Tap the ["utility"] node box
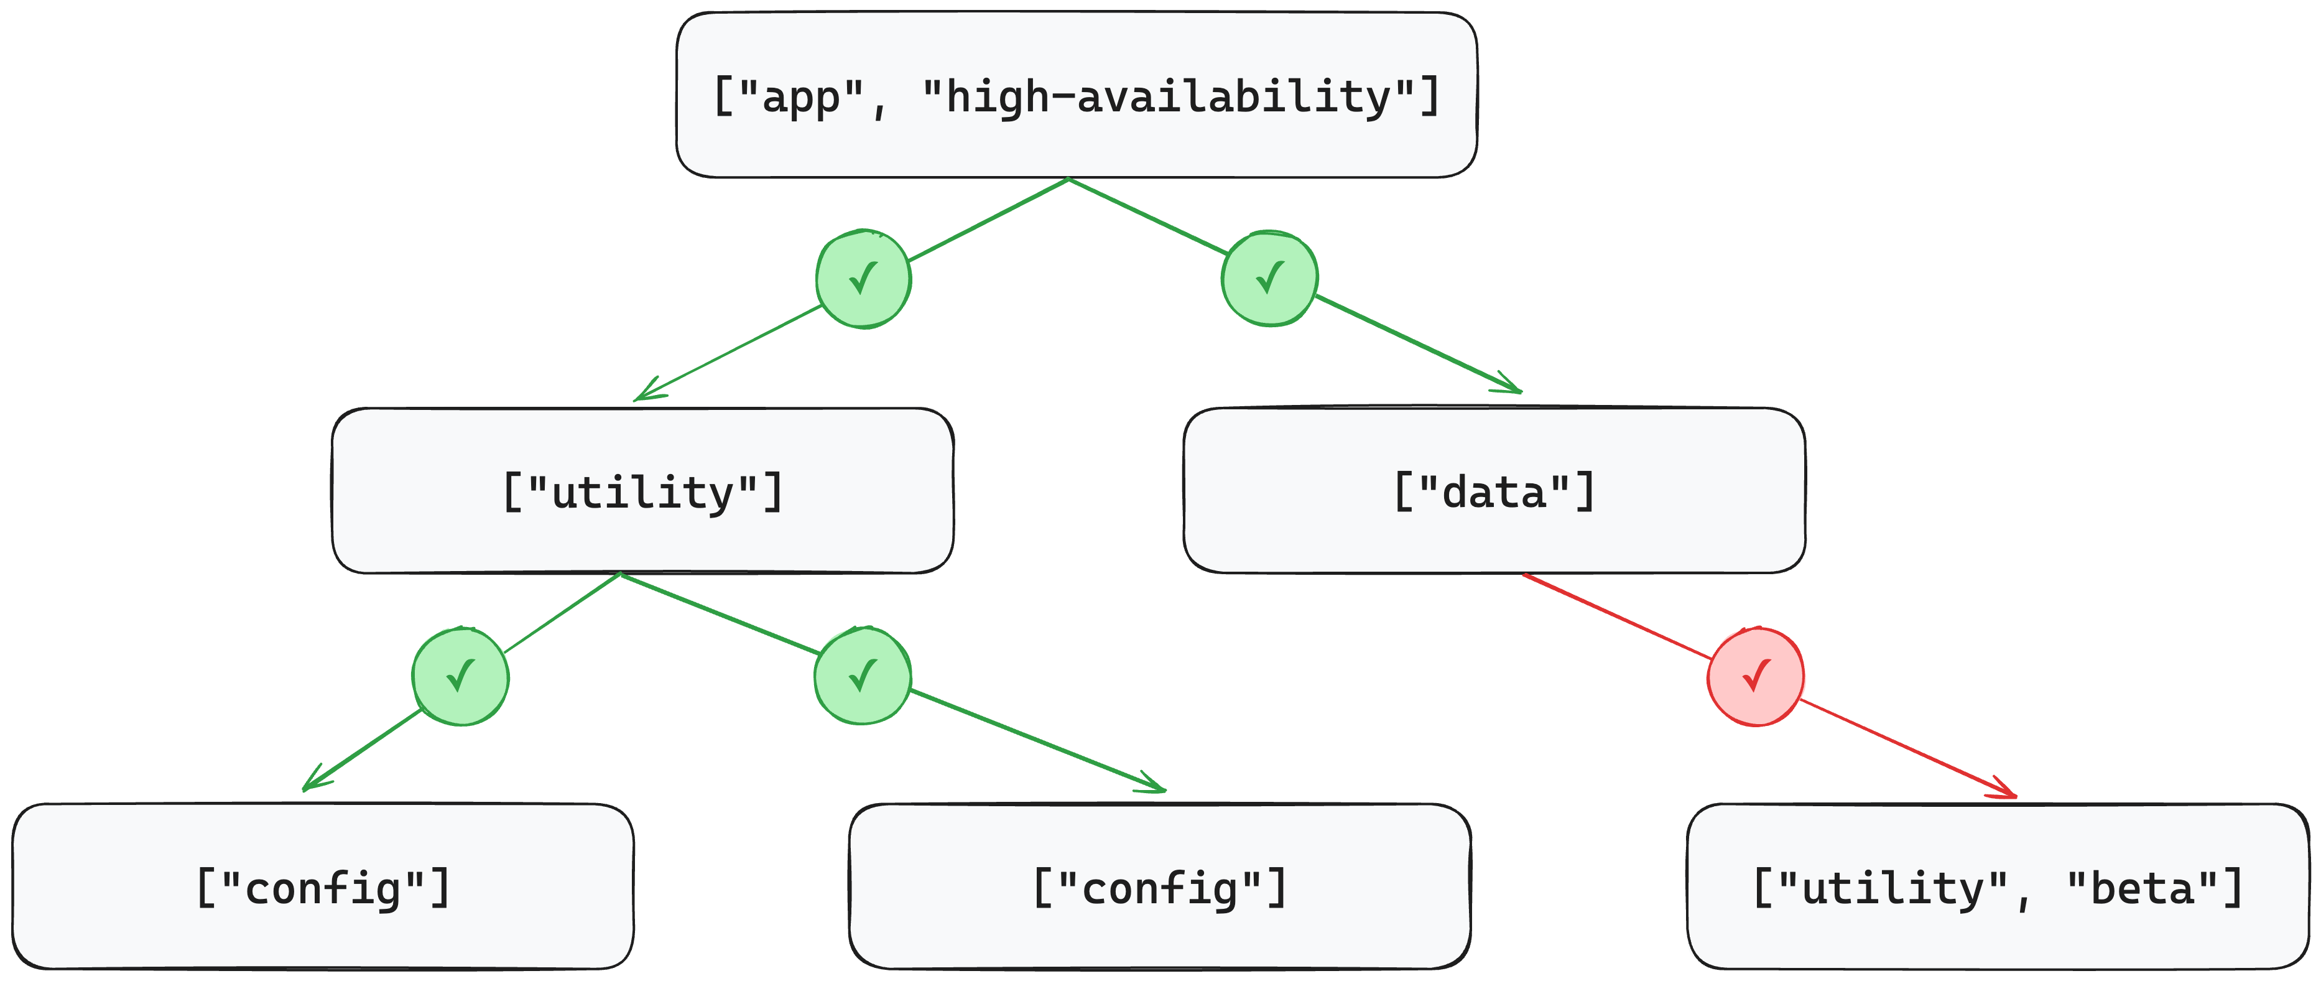point(642,491)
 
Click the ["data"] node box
point(1494,491)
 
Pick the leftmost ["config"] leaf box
point(323,887)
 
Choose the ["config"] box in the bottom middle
point(1160,887)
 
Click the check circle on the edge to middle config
point(862,676)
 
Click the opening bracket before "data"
point(1403,491)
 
